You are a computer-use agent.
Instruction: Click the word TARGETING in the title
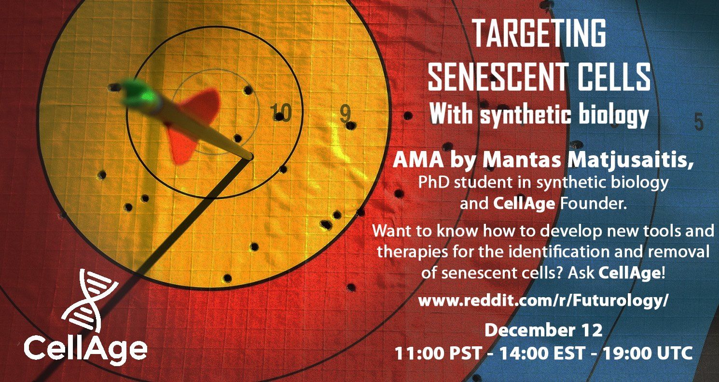coord(539,33)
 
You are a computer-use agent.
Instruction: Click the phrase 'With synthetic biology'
coord(539,115)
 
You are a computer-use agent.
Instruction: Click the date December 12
coord(543,330)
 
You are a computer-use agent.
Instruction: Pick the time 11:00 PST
coord(438,353)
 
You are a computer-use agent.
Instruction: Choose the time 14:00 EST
coord(542,353)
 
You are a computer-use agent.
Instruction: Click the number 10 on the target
coord(280,112)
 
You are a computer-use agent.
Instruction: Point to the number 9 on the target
coord(345,113)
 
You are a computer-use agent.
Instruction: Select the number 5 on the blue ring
coord(699,122)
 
